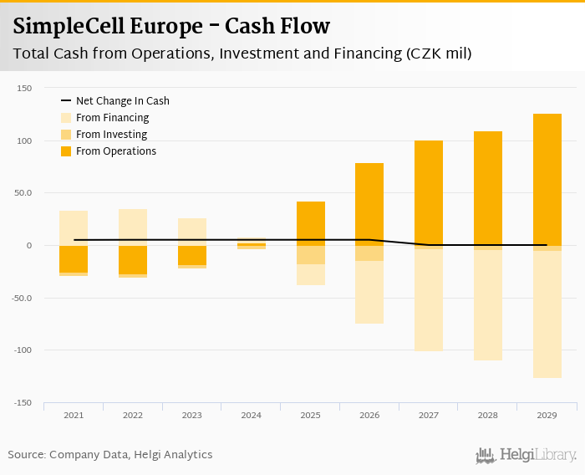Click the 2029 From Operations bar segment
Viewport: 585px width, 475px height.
(547, 179)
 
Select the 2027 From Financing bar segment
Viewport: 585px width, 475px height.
(429, 300)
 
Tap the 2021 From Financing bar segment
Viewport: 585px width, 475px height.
(74, 227)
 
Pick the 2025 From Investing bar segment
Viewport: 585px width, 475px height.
(311, 255)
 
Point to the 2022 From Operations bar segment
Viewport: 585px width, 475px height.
(133, 259)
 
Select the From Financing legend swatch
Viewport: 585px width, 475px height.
(66, 118)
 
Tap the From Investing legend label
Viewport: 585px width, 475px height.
(111, 135)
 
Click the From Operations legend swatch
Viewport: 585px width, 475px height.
(66, 151)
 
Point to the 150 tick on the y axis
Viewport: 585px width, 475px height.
(24, 89)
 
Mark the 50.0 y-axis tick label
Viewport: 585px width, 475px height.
(23, 193)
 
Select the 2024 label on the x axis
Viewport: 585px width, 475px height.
(252, 415)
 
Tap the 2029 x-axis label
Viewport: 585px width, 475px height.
(547, 415)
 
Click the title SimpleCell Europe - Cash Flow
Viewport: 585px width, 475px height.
(171, 27)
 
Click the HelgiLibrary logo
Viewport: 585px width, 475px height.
(526, 455)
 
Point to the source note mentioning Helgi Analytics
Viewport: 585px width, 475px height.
(110, 455)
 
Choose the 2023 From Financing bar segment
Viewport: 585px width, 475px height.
(192, 232)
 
